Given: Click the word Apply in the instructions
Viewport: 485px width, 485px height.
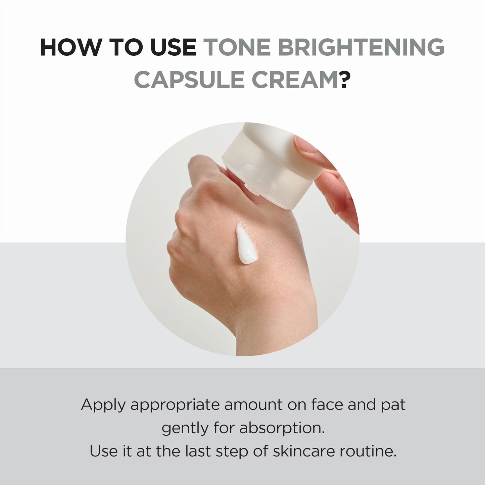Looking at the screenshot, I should click(103, 405).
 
